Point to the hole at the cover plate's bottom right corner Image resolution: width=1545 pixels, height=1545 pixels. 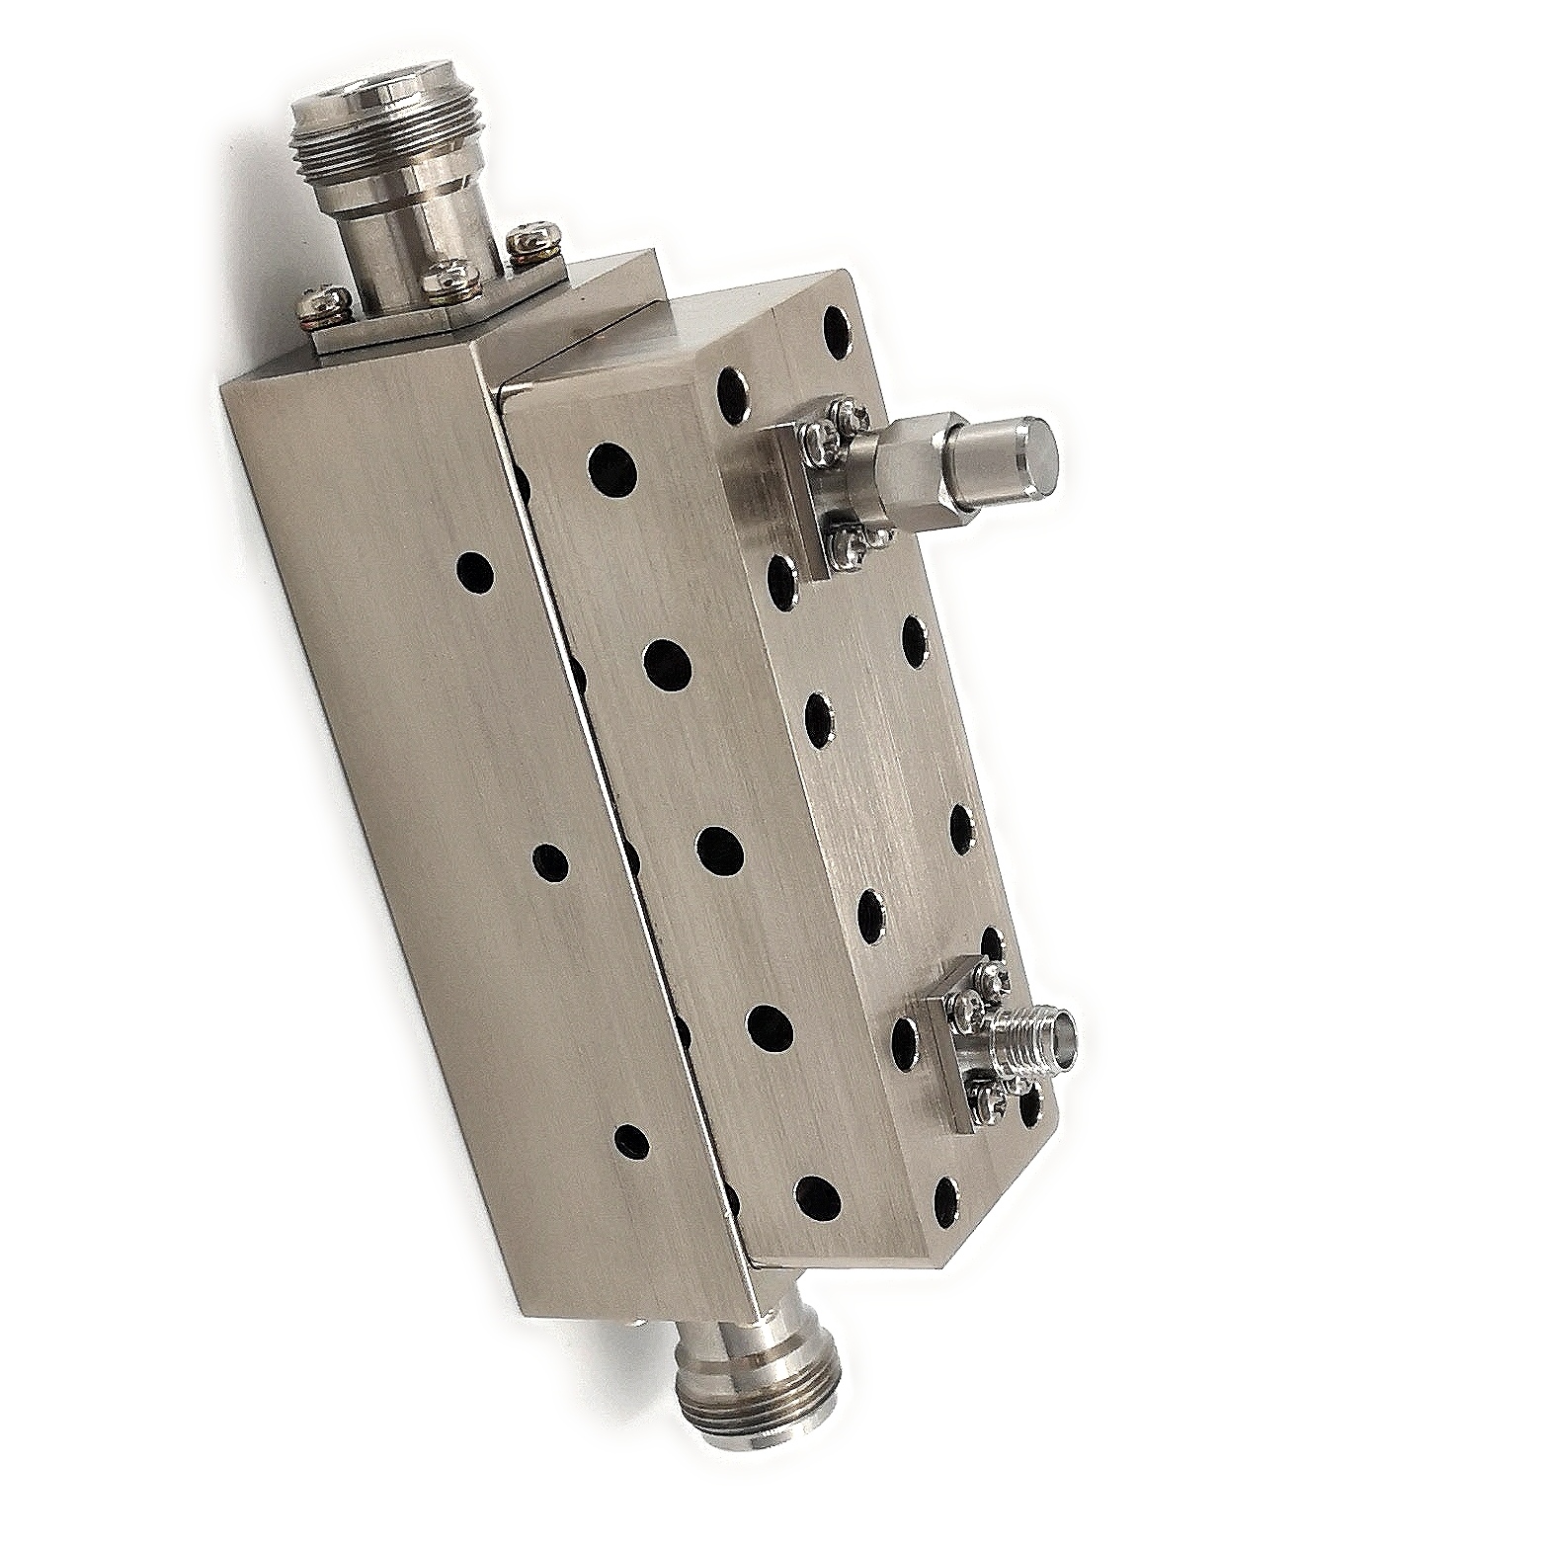[x=945, y=1196]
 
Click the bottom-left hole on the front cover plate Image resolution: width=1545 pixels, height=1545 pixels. [x=816, y=1196]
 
